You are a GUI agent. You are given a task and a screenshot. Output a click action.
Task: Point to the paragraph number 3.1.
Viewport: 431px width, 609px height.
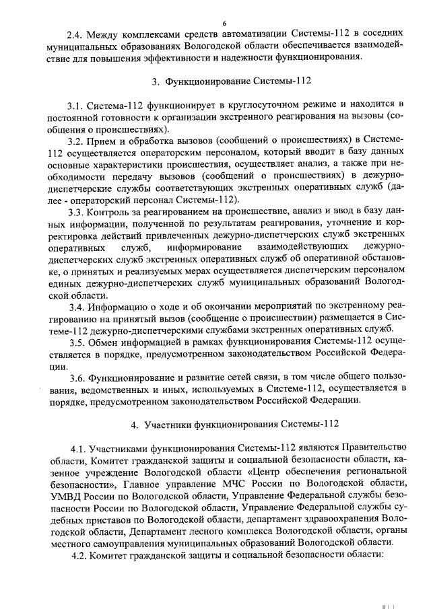pos(75,106)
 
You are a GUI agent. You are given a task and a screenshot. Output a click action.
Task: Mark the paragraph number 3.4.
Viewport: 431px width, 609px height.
pos(75,307)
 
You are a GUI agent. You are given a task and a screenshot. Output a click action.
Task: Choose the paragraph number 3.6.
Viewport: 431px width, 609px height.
pos(75,378)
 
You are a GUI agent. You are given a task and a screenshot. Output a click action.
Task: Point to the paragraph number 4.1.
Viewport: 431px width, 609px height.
pos(79,448)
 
